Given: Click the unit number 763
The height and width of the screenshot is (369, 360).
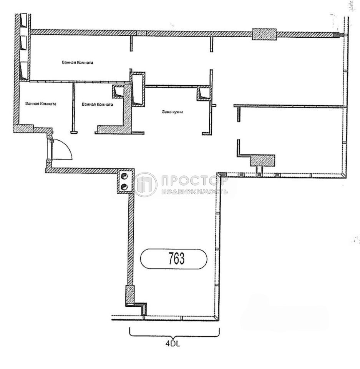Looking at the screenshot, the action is click(176, 259).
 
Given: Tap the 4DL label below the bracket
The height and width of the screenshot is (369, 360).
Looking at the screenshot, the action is click(173, 344).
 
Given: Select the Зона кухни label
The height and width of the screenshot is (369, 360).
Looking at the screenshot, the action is click(173, 112).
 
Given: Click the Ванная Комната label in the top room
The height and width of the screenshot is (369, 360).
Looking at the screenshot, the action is click(77, 63).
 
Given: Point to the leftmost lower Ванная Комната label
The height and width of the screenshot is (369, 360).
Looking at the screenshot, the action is click(41, 103).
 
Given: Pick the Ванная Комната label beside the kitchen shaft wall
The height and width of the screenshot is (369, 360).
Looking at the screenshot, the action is click(97, 104).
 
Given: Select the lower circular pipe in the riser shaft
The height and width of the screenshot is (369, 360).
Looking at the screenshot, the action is click(124, 187).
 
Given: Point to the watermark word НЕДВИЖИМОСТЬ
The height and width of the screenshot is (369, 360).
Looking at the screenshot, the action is click(194, 191).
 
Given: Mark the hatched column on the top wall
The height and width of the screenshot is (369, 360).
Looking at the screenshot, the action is click(264, 34).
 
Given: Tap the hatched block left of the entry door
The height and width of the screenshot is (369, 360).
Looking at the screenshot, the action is click(23, 129).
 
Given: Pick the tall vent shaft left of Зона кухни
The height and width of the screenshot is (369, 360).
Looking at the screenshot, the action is click(138, 90).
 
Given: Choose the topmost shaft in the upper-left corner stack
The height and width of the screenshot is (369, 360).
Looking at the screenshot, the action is click(24, 21).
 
